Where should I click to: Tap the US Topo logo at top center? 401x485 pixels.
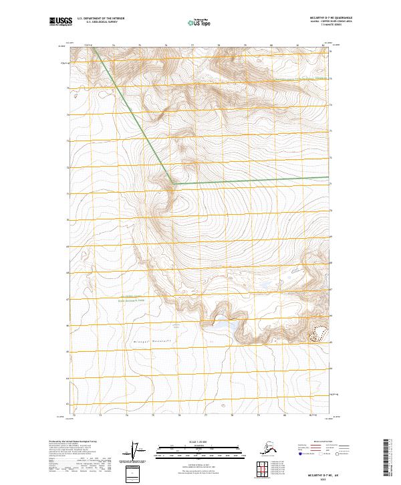[195, 23]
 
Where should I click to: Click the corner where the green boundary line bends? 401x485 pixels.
[173, 183]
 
